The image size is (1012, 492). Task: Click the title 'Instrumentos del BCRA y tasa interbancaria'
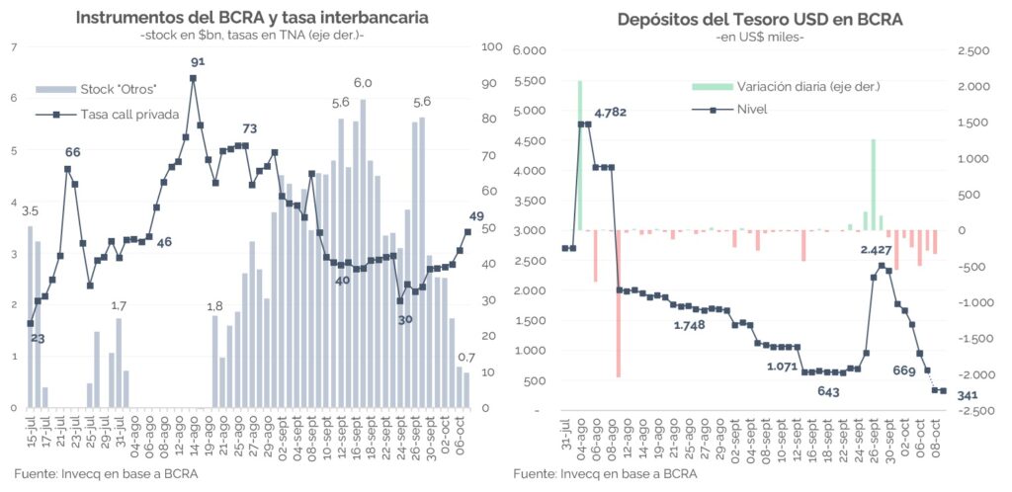(252, 18)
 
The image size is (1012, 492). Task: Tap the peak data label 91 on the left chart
(198, 61)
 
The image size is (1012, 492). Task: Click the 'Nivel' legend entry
(752, 109)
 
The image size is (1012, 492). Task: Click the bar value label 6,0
(363, 83)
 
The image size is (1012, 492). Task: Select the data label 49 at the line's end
(475, 217)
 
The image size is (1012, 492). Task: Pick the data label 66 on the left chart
(73, 152)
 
